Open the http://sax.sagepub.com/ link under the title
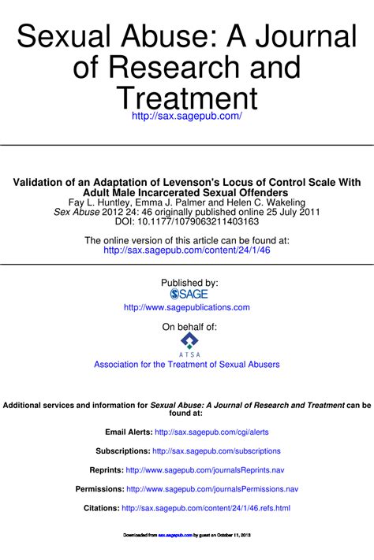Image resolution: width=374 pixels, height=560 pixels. [187, 116]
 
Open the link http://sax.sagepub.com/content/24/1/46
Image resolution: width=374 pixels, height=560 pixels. [186, 250]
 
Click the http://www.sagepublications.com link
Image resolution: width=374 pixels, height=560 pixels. [187, 307]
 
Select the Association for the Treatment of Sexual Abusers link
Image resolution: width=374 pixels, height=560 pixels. [187, 365]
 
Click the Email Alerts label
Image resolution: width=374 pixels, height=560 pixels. [129, 432]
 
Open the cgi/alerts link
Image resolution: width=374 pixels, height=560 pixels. [212, 432]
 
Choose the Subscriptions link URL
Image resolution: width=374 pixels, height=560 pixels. [217, 451]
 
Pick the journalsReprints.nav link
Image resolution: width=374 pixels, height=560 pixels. [205, 470]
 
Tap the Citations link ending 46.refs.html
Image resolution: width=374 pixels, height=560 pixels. [206, 508]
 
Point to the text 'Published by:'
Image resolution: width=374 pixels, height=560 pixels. [189, 282]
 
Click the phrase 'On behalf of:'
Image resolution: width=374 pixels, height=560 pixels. [189, 326]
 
